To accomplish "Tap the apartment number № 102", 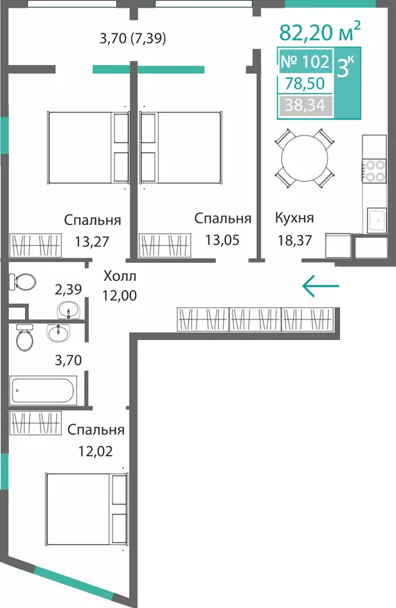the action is click(x=305, y=61).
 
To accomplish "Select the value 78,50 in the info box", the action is click(x=305, y=83).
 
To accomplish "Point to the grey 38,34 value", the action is click(x=305, y=105).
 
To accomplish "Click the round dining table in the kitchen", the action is click(x=305, y=158).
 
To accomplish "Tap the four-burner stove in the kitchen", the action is click(x=375, y=170).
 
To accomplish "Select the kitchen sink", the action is click(x=377, y=220).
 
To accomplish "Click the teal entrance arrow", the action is click(x=320, y=286).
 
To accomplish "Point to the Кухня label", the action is click(x=294, y=218).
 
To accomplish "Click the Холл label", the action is click(x=120, y=276).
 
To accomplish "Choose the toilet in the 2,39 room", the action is click(x=22, y=282).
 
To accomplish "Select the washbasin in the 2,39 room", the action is click(x=68, y=310).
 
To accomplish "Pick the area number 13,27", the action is click(x=93, y=242).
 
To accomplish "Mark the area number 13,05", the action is click(x=222, y=240).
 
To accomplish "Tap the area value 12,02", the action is click(x=95, y=451).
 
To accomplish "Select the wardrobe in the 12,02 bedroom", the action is click(x=36, y=423).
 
